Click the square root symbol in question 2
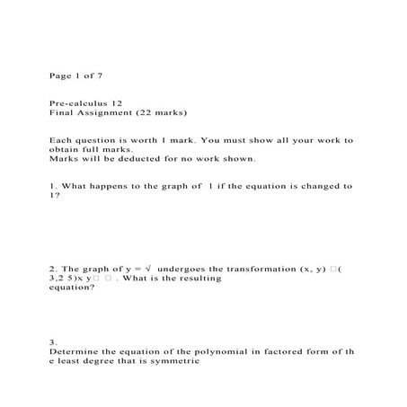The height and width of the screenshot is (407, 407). click(x=148, y=268)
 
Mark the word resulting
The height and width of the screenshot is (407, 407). click(x=199, y=279)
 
